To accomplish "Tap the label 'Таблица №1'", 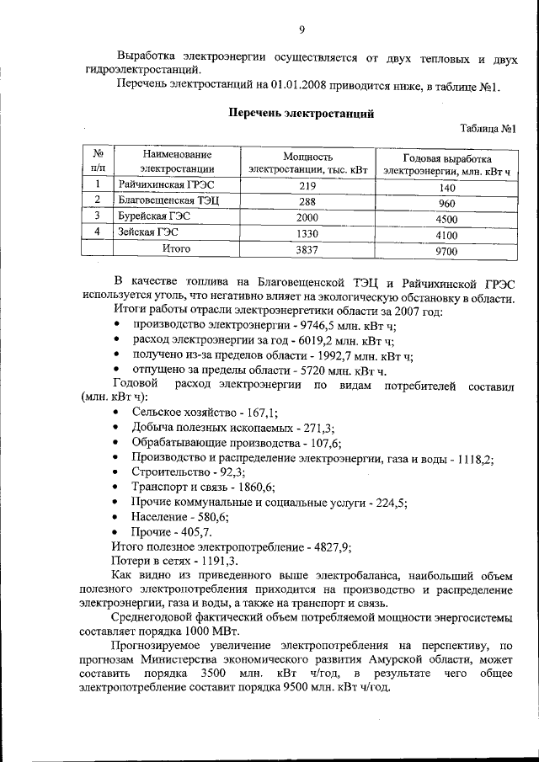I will click(x=488, y=129).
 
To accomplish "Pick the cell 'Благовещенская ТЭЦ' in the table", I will click(x=168, y=201).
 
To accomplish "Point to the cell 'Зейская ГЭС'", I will click(x=148, y=232).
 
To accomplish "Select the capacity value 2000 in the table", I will click(x=307, y=218).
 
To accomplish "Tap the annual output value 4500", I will click(x=446, y=219).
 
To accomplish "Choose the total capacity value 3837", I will click(x=307, y=249).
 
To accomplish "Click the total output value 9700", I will click(x=446, y=251).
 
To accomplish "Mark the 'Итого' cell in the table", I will click(x=176, y=248).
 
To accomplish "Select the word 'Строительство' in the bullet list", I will click(x=168, y=472).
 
